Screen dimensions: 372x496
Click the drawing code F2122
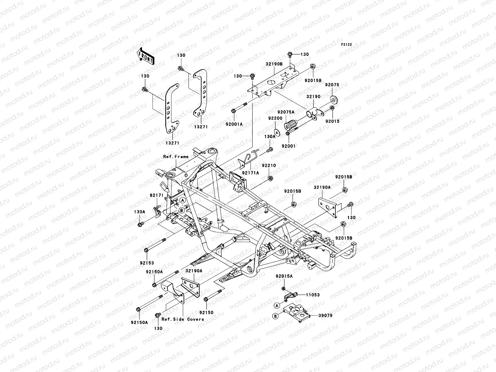tap(347, 45)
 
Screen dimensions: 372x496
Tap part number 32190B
tap(274, 64)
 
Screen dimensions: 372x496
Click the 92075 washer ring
tap(334, 100)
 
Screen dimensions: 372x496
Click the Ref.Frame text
tap(176, 157)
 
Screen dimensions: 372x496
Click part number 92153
tap(147, 263)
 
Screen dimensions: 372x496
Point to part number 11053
tap(313, 295)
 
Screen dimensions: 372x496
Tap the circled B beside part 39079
tap(275, 316)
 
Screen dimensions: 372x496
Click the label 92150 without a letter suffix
tap(206, 312)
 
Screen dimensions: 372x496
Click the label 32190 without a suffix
tap(313, 97)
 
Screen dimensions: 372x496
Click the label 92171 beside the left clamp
tap(157, 195)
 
